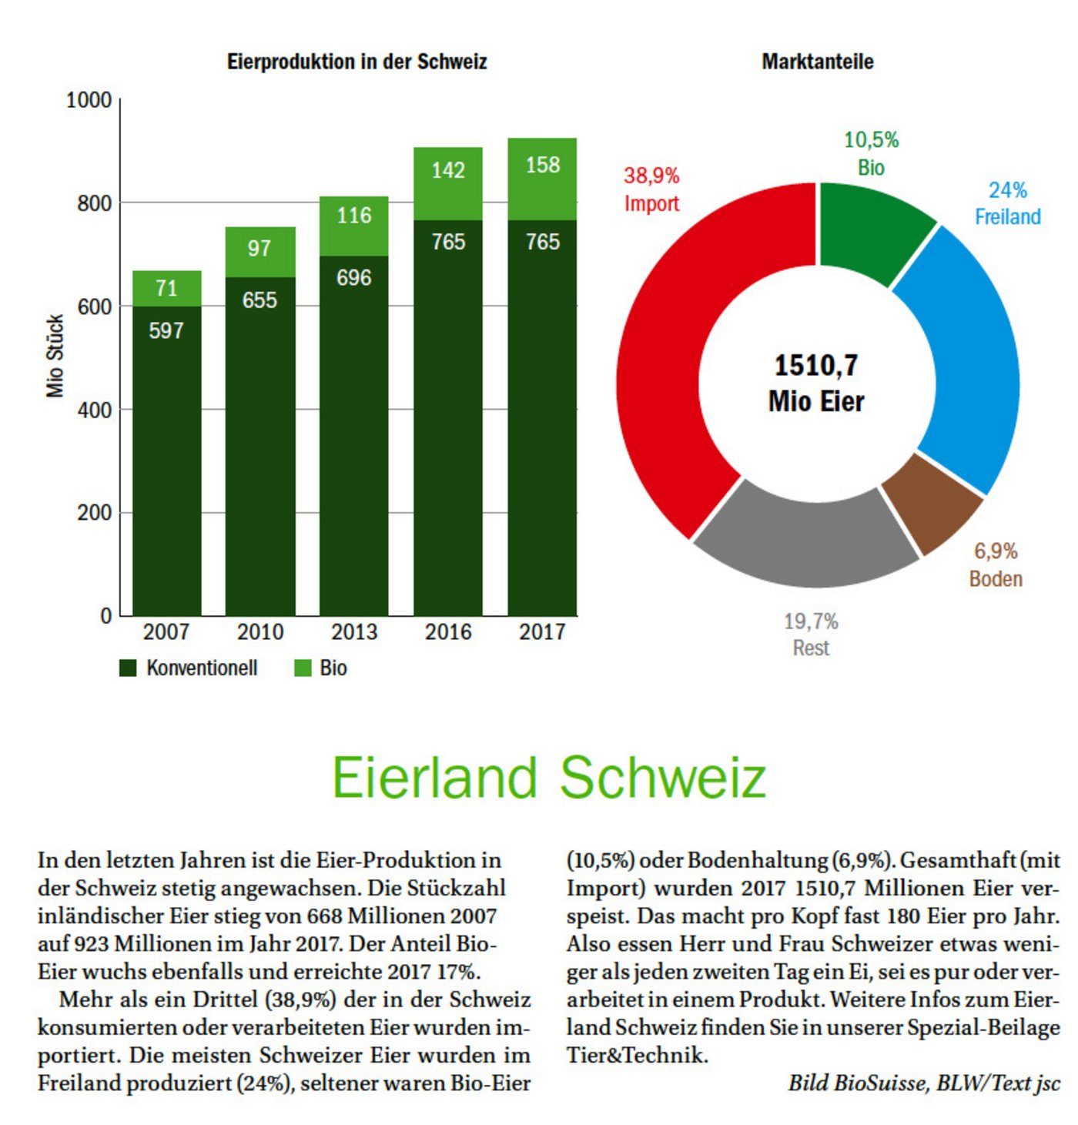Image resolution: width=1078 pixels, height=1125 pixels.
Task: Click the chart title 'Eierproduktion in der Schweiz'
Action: click(x=357, y=62)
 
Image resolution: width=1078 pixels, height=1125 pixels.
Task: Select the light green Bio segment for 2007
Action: click(x=166, y=288)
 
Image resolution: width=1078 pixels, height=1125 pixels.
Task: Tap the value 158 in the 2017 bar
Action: click(x=542, y=165)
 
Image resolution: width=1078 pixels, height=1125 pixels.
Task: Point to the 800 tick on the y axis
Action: click(x=94, y=203)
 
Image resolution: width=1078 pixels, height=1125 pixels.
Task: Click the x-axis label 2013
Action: click(x=354, y=632)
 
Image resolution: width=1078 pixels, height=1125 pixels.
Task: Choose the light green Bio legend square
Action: click(x=303, y=668)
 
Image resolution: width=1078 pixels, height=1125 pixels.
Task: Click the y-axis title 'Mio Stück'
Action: click(x=55, y=356)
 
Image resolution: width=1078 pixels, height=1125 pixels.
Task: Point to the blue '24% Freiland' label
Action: click(x=1007, y=203)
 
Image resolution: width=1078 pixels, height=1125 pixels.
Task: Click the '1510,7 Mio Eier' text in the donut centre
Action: click(x=816, y=383)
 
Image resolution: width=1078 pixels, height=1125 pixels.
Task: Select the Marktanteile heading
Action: click(x=817, y=62)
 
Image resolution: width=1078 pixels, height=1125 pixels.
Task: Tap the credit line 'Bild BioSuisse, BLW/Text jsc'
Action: click(x=923, y=1083)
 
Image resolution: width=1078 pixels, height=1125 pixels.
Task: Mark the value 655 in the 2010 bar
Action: click(x=259, y=300)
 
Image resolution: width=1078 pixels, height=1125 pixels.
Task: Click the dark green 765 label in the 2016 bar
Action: click(x=448, y=242)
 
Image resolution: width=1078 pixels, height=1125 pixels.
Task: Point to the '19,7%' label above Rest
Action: click(x=811, y=621)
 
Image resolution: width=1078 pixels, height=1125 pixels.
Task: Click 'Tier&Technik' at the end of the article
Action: click(x=637, y=1055)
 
